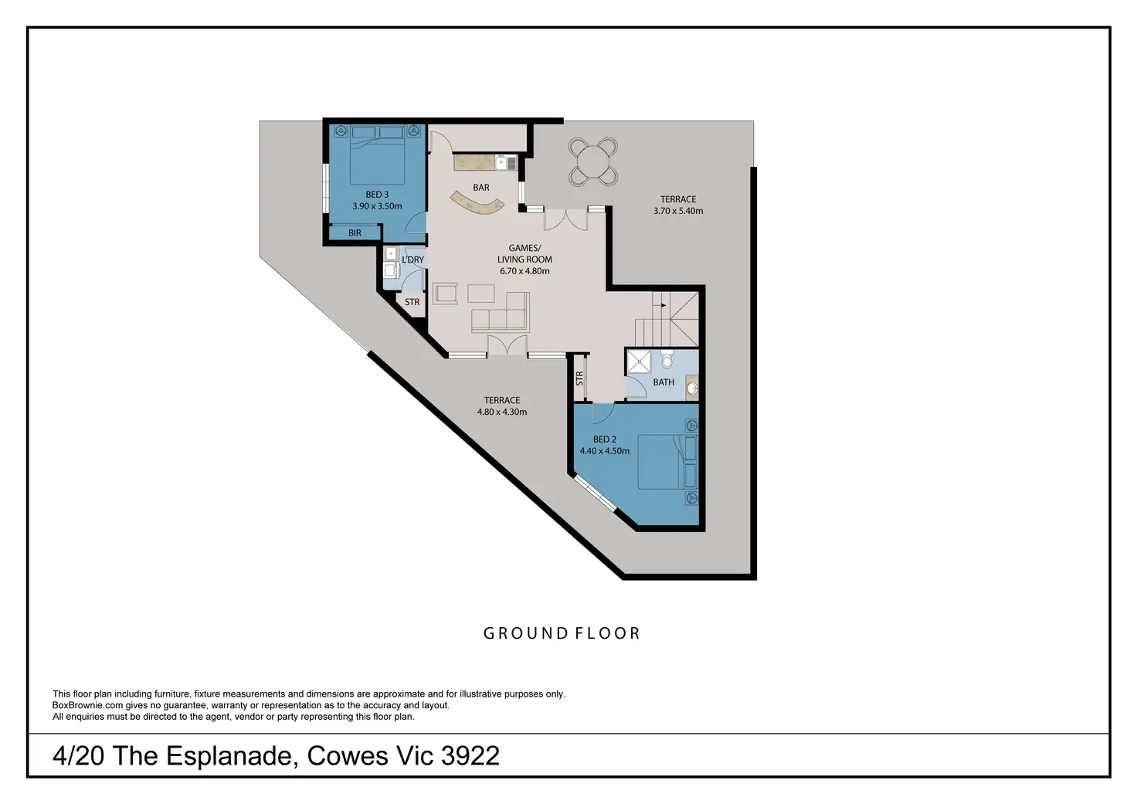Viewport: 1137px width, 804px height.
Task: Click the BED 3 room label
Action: click(x=377, y=195)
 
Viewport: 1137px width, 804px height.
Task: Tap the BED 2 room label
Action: click(x=605, y=439)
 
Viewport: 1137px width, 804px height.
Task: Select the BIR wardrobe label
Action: click(x=355, y=233)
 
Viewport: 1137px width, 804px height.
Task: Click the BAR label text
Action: click(x=481, y=188)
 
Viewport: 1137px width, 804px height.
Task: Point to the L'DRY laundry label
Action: click(x=412, y=260)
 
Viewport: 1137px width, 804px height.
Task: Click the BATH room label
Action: click(x=664, y=382)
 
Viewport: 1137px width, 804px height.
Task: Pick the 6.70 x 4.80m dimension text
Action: click(x=524, y=271)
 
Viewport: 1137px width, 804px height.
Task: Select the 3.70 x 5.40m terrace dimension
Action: click(x=678, y=211)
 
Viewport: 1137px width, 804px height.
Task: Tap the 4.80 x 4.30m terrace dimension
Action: click(x=502, y=412)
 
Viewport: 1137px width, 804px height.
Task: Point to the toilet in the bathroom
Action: click(x=667, y=359)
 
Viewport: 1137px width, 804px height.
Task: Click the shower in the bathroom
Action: click(x=639, y=361)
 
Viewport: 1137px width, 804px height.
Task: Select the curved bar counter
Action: click(x=477, y=203)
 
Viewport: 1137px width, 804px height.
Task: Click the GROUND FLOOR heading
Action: click(x=562, y=633)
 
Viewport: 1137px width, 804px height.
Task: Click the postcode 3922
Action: click(x=470, y=755)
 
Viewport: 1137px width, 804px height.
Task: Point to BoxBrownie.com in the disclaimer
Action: click(x=87, y=705)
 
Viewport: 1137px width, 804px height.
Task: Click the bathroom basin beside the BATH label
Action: click(x=692, y=388)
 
